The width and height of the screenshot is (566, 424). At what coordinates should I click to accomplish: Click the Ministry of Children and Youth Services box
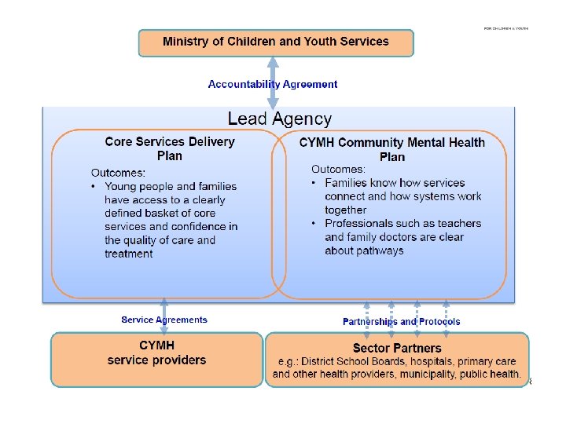tap(275, 42)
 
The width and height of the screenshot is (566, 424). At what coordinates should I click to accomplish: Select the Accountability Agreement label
tap(273, 84)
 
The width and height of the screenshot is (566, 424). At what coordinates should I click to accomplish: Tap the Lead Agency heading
tap(280, 119)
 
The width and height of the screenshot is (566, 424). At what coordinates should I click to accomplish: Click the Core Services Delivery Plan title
tap(170, 148)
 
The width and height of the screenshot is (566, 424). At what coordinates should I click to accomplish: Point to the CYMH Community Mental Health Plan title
tap(392, 149)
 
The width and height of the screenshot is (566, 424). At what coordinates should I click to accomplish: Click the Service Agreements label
tap(164, 320)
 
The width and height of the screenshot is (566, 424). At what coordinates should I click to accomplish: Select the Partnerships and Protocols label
tap(401, 321)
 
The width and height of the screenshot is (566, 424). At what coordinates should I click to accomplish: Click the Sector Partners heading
tap(397, 348)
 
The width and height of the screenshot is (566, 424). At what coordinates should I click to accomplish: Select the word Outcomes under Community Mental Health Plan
tap(338, 169)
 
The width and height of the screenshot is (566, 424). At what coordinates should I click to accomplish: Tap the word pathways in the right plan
tap(384, 250)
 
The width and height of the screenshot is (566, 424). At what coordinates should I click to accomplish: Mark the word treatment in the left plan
tap(128, 254)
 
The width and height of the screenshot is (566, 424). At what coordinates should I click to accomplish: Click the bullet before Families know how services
tap(314, 183)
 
